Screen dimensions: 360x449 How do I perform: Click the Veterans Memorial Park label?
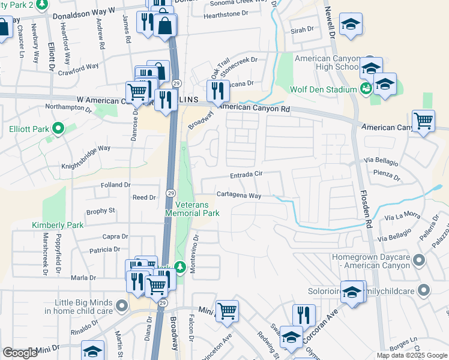point(193,208)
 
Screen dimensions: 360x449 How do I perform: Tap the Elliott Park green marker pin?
point(58,128)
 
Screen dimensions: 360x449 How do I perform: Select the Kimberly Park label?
point(58,225)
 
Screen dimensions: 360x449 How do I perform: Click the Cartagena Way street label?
point(238,196)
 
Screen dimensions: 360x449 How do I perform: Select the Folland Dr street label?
point(117,185)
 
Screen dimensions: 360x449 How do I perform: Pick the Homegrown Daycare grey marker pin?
point(419,260)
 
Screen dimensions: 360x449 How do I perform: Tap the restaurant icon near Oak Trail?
point(218,90)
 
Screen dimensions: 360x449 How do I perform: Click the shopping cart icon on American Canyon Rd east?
point(423,121)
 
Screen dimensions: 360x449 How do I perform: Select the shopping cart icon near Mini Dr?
point(228,310)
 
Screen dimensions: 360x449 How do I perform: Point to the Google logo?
point(20,353)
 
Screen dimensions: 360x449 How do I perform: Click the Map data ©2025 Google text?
point(412,355)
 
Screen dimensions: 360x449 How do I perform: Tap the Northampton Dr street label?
point(68,110)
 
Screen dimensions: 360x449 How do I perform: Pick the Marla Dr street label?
point(83,278)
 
